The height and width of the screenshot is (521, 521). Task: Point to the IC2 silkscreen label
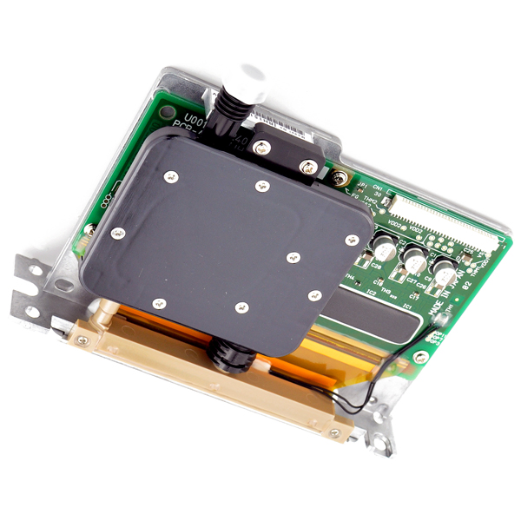(370, 293)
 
